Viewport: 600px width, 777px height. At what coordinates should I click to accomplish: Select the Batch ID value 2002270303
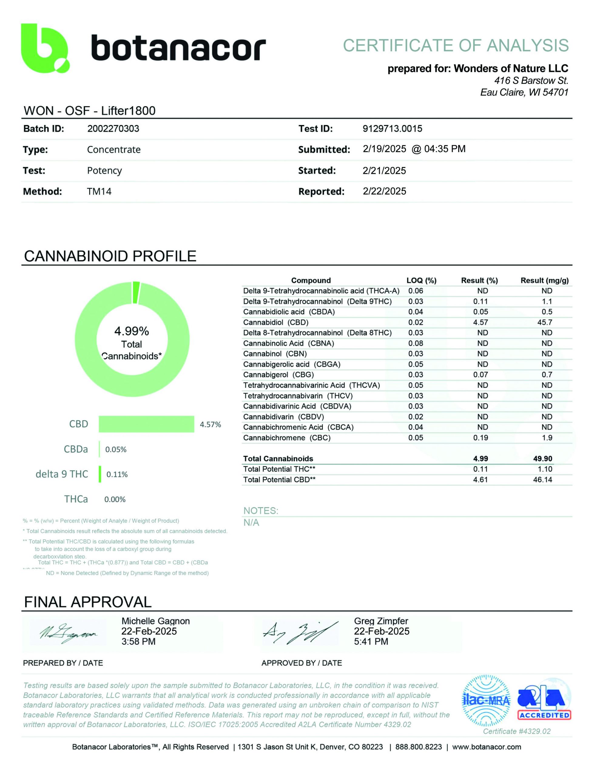(113, 129)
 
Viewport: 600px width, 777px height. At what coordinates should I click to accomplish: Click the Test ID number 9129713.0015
(392, 129)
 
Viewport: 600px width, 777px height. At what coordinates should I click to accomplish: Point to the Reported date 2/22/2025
(384, 192)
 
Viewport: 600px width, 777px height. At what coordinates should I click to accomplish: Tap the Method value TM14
(99, 192)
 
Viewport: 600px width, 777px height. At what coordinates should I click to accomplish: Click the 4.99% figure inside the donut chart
(132, 331)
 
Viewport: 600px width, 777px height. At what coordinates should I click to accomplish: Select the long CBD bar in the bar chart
(146, 424)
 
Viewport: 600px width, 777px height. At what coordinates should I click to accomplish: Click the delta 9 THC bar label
(62, 474)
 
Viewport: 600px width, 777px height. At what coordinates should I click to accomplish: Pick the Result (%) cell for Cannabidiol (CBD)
(480, 322)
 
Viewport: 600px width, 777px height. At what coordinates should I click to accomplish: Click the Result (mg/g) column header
(544, 280)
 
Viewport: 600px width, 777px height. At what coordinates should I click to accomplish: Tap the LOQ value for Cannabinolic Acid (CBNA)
(415, 343)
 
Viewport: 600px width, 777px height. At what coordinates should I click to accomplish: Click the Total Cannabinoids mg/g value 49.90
(542, 459)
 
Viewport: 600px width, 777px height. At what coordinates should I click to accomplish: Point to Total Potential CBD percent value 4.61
(480, 480)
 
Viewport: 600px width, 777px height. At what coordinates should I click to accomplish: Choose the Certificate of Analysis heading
(456, 46)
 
